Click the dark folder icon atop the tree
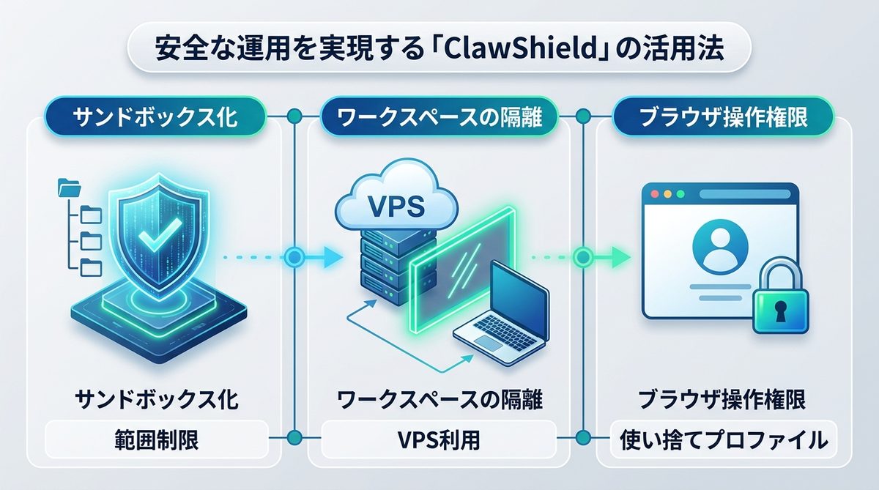(x=70, y=189)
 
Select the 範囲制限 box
(x=157, y=440)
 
